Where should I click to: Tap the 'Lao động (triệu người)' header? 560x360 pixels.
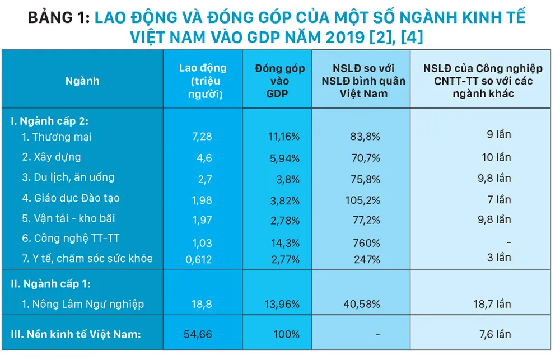tap(203, 81)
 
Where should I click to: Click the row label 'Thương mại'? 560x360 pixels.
tap(62, 137)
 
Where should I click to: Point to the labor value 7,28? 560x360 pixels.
tap(202, 137)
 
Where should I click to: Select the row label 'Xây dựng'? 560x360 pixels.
tap(56, 157)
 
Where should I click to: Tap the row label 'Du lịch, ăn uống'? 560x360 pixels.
tap(73, 177)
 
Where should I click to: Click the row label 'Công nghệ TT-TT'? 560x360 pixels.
tap(76, 239)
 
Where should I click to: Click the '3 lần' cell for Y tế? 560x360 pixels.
tap(498, 258)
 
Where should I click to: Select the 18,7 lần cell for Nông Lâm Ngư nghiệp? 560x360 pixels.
tap(492, 304)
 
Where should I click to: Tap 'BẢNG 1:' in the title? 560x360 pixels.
tap(58, 18)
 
